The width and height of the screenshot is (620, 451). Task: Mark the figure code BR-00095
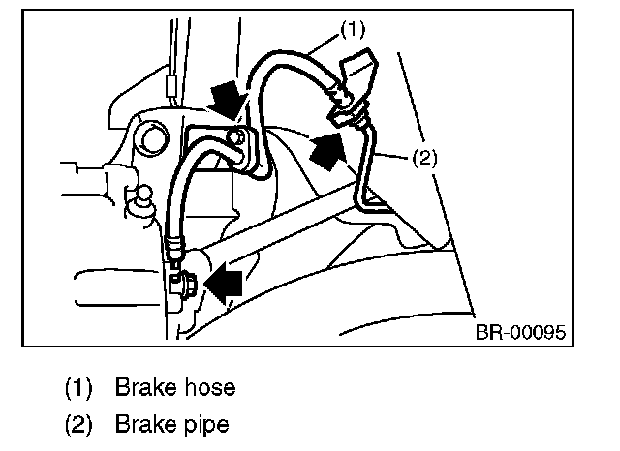coord(520,333)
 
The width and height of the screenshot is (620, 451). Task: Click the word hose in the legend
coord(211,388)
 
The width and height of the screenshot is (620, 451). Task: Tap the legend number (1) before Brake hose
coord(78,389)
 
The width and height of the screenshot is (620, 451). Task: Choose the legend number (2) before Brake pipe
coord(78,424)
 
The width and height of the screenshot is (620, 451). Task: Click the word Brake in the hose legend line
coord(147,388)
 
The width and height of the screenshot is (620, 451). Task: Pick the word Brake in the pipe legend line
coord(147,424)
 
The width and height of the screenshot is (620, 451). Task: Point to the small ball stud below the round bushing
coord(141,196)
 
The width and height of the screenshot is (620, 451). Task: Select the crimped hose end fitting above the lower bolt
coord(172,248)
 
